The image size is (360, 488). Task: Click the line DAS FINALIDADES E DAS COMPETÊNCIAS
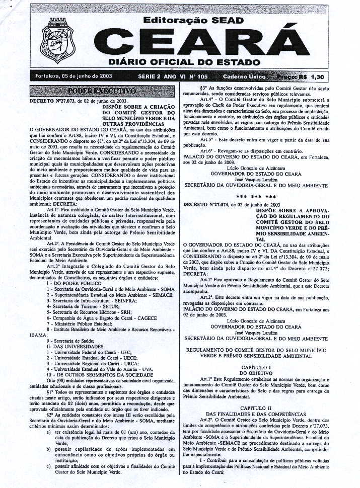click(x=257, y=413)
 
